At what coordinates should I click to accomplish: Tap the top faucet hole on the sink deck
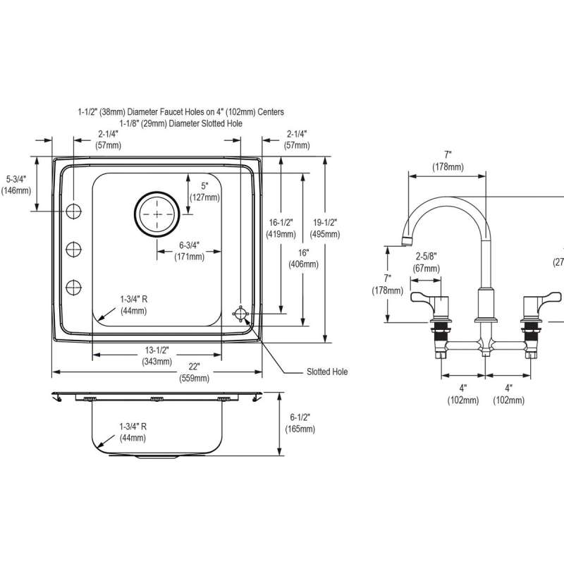(x=73, y=210)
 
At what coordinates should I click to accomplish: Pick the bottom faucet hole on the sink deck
(x=73, y=287)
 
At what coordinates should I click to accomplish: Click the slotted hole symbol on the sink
(x=241, y=314)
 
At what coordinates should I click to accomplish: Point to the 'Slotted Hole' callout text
(x=326, y=372)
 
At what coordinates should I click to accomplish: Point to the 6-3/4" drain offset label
(x=189, y=251)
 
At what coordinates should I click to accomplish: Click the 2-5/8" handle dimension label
(x=427, y=263)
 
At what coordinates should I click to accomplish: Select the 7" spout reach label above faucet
(x=447, y=160)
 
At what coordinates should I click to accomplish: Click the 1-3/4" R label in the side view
(x=133, y=431)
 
